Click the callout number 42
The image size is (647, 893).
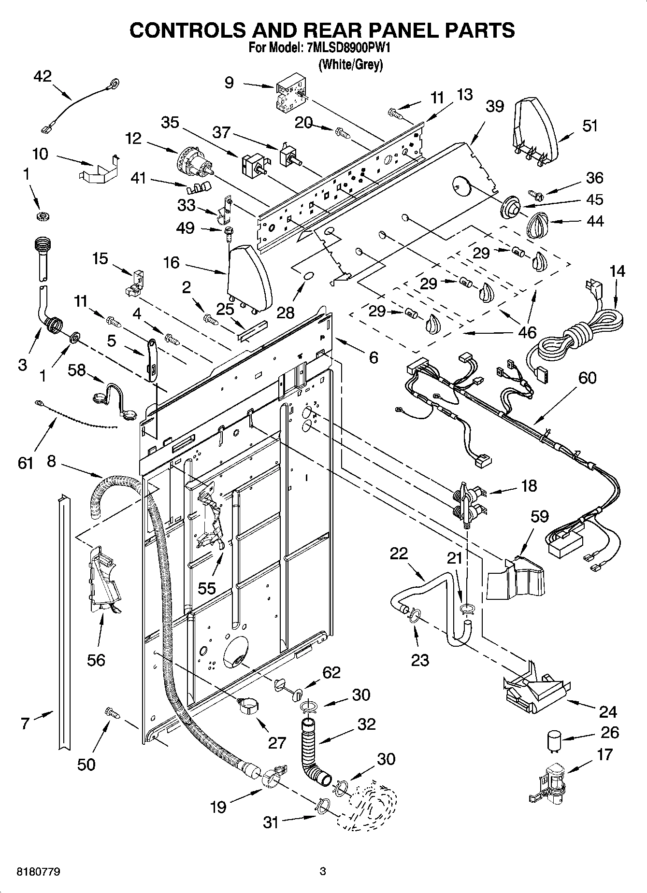(43, 76)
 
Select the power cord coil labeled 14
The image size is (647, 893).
(575, 337)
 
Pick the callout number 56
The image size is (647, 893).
(96, 660)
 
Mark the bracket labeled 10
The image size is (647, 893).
(99, 170)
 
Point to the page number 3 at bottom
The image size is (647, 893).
(323, 872)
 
